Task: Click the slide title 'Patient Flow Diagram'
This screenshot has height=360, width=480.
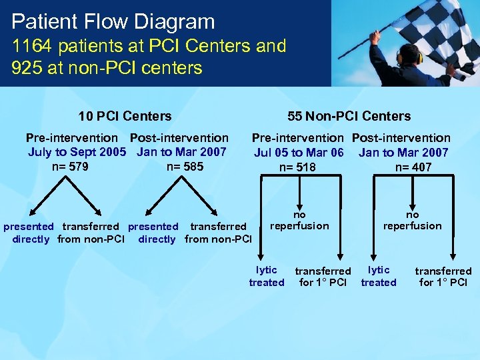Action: pyautogui.click(x=113, y=21)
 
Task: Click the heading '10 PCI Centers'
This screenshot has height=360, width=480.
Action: pyautogui.click(x=125, y=116)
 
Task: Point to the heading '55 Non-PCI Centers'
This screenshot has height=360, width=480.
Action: pyautogui.click(x=349, y=116)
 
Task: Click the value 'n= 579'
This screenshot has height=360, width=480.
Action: pyautogui.click(x=70, y=167)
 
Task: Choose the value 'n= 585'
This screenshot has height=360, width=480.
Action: pyautogui.click(x=185, y=167)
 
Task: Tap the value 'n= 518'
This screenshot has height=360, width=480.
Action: pyautogui.click(x=297, y=167)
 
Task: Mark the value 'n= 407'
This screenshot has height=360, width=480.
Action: pyautogui.click(x=413, y=167)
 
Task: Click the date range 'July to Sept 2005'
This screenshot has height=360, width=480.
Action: pyautogui.click(x=77, y=152)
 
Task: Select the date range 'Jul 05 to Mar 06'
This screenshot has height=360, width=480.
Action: pyautogui.click(x=299, y=153)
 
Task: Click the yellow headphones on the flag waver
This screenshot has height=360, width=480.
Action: pyautogui.click(x=400, y=57)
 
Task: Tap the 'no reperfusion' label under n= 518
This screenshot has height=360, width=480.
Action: pyautogui.click(x=299, y=220)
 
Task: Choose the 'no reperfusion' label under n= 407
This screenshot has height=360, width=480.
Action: pyautogui.click(x=412, y=220)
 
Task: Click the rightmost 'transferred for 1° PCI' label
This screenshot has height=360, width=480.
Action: pyautogui.click(x=443, y=276)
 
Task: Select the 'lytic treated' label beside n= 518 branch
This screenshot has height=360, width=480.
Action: pyautogui.click(x=267, y=276)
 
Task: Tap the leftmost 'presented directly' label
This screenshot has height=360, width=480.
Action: pyautogui.click(x=29, y=233)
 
